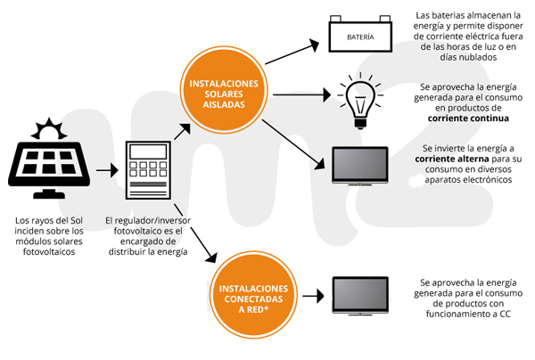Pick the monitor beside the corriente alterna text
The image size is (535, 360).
coord(360,163)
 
